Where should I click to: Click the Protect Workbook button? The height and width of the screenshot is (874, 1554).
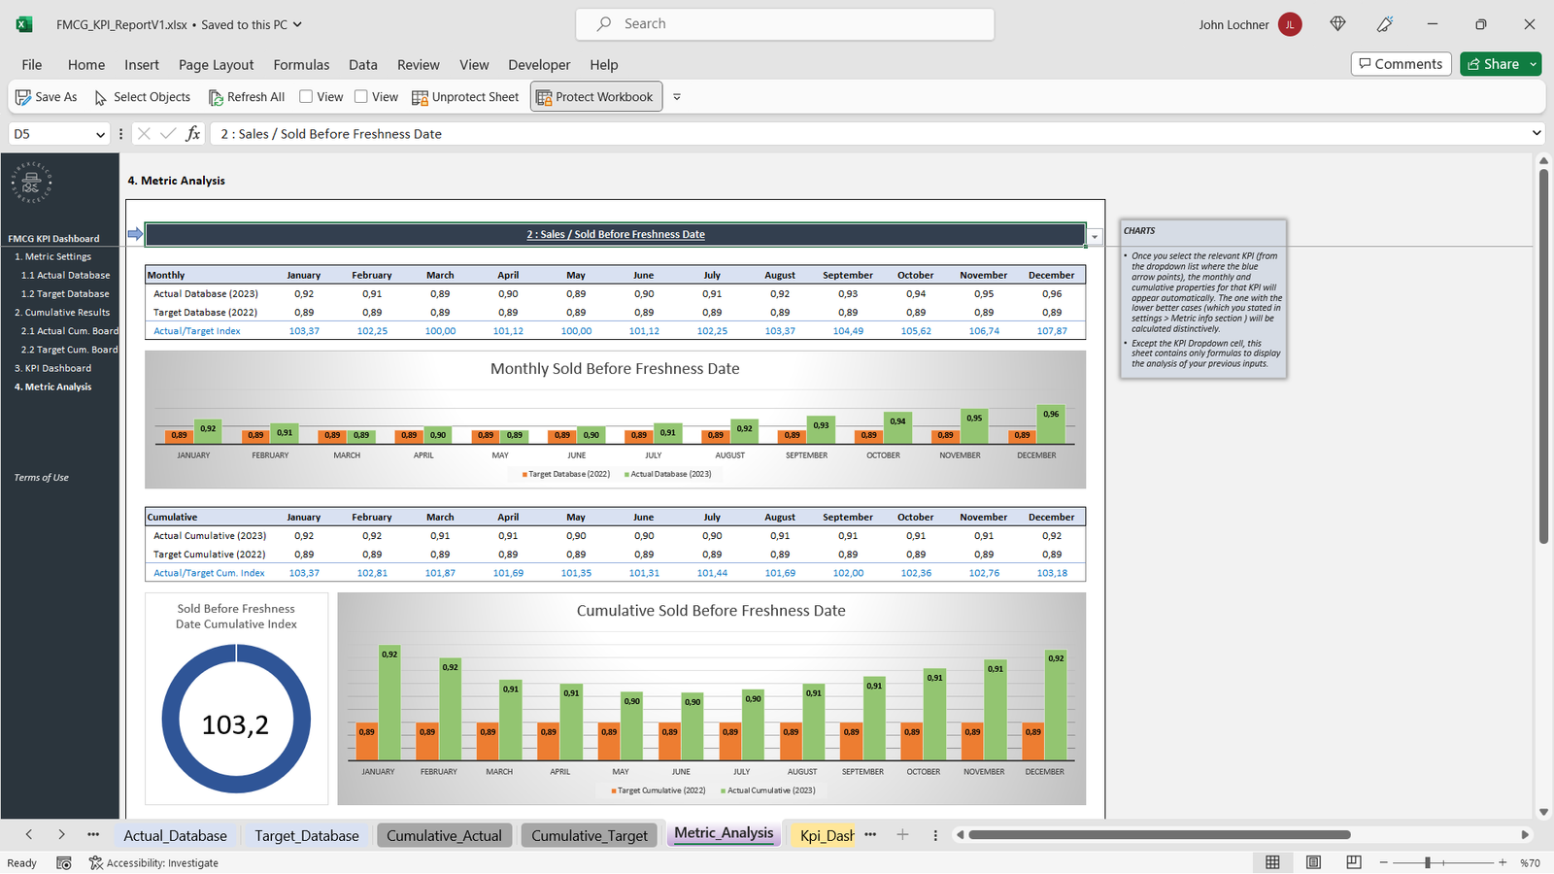pyautogui.click(x=595, y=97)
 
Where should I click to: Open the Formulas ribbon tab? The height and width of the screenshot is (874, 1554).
pyautogui.click(x=301, y=65)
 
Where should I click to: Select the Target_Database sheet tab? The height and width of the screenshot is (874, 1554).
pyautogui.click(x=306, y=835)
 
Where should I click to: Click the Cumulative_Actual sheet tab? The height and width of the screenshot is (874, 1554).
pyautogui.click(x=444, y=835)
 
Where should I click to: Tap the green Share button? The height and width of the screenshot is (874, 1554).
pyautogui.click(x=1493, y=64)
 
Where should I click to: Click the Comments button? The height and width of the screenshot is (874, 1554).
pyautogui.click(x=1401, y=64)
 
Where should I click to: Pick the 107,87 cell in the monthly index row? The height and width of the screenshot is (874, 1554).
pyautogui.click(x=1051, y=331)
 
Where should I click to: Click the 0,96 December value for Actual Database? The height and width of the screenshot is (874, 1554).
pyautogui.click(x=1051, y=293)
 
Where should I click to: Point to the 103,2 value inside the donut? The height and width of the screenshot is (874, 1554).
pyautogui.click(x=235, y=724)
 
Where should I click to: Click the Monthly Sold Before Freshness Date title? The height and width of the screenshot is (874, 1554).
pyautogui.click(x=615, y=369)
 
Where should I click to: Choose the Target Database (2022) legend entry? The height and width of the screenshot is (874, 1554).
pyautogui.click(x=568, y=474)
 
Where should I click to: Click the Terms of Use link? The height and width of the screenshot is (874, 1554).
pyautogui.click(x=41, y=478)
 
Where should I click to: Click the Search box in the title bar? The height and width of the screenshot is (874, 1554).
pyautogui.click(x=785, y=24)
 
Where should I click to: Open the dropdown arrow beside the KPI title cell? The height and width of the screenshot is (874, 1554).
pyautogui.click(x=1095, y=236)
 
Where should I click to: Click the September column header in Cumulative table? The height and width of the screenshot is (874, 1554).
pyautogui.click(x=847, y=517)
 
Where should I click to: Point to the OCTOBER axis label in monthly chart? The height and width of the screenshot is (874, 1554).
pyautogui.click(x=883, y=455)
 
